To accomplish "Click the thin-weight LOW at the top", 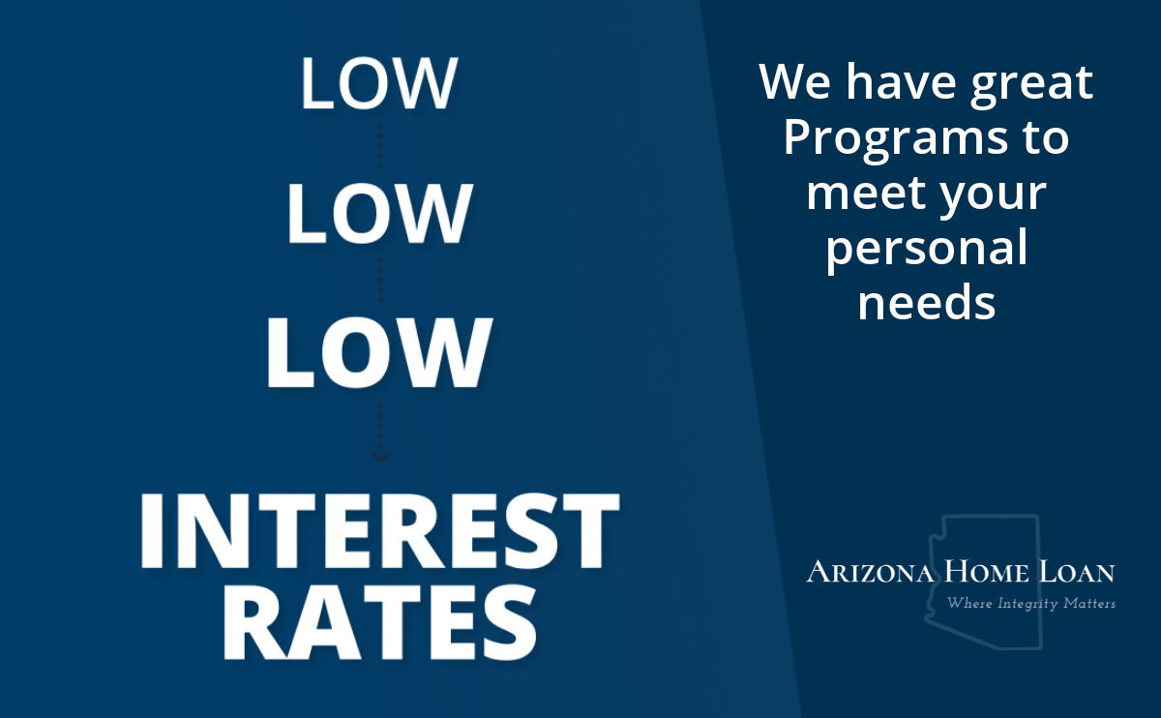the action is coord(379,83).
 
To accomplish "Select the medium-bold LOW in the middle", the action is coord(379,213).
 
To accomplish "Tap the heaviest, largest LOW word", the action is coord(378,352).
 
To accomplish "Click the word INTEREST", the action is coord(379,531).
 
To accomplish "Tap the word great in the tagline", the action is coord(1032,85).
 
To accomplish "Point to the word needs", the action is coord(927,302).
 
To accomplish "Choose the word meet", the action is coord(866,193).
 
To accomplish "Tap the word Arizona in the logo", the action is coord(870,571).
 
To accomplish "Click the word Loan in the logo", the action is coord(1077,571).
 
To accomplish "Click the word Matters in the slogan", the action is coord(1089,604).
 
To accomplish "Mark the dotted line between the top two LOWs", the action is coord(380,146).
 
